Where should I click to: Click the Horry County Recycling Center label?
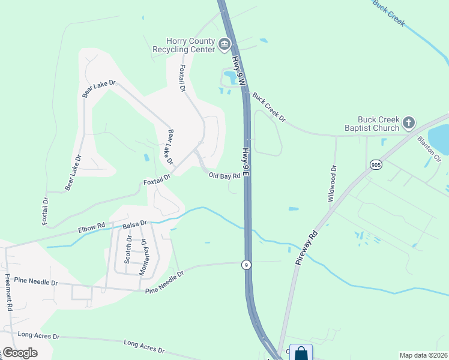point(184,45)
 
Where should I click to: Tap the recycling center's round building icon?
point(224,43)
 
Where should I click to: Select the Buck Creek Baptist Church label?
point(371,124)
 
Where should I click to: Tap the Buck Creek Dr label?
point(269,107)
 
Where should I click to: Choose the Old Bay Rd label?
point(224,176)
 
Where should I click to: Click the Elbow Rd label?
point(91,227)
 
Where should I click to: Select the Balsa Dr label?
point(134,224)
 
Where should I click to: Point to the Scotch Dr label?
point(128,249)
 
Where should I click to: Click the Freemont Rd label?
point(9,292)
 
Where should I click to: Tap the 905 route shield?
point(376,164)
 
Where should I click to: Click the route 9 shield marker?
point(246,264)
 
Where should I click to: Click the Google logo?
point(20,352)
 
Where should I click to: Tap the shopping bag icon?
point(301,353)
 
